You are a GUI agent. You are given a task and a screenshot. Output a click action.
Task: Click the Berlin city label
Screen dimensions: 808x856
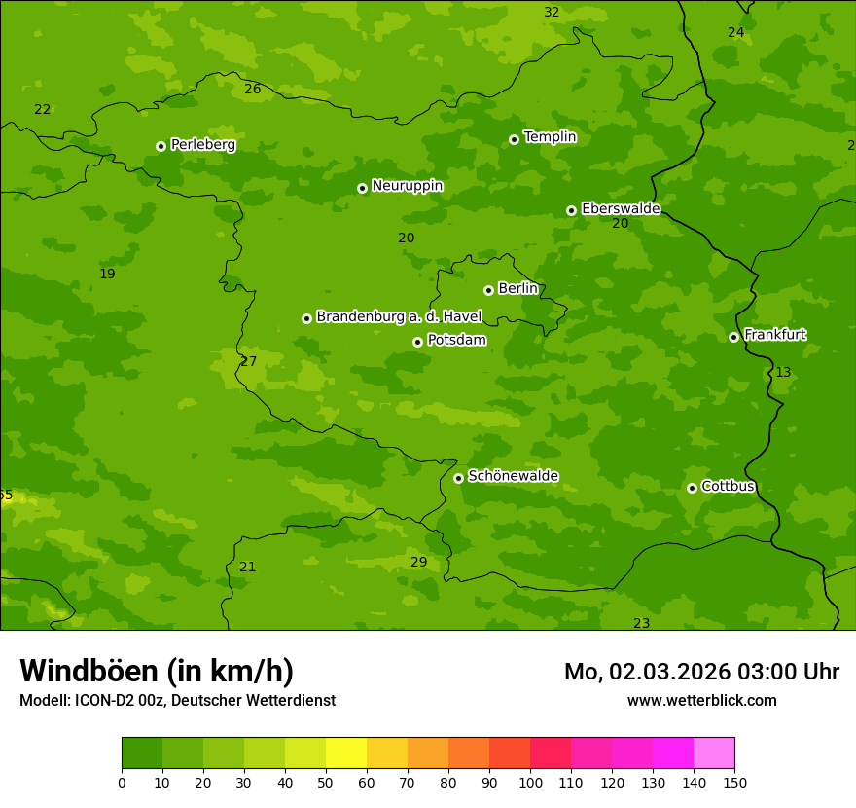click(517, 289)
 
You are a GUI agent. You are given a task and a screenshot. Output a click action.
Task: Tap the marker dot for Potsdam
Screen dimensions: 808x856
click(417, 342)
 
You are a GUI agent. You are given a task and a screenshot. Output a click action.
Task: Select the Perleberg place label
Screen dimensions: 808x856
click(202, 145)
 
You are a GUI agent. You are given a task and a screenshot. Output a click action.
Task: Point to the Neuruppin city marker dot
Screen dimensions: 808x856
click(362, 188)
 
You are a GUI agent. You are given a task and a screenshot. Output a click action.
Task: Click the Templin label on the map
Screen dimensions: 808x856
click(550, 137)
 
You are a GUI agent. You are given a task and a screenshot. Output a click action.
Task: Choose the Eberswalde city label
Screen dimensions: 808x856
click(621, 209)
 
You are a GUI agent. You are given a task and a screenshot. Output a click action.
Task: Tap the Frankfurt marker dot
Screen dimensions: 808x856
click(733, 337)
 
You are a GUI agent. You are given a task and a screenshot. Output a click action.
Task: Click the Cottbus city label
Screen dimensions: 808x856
click(728, 486)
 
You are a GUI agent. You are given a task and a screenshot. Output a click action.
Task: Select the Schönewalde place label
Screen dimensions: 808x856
click(513, 476)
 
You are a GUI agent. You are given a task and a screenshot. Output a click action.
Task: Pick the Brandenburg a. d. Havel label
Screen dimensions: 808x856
click(399, 317)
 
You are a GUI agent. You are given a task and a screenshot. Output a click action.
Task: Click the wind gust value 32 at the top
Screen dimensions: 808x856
click(552, 13)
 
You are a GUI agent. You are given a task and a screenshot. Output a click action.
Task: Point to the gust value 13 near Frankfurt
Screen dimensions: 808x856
click(783, 373)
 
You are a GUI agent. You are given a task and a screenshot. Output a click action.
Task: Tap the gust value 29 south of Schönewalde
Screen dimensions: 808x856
click(418, 563)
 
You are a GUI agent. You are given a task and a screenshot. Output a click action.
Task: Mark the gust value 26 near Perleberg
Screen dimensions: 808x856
click(252, 90)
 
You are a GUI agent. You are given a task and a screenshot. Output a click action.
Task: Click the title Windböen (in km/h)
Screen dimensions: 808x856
click(157, 671)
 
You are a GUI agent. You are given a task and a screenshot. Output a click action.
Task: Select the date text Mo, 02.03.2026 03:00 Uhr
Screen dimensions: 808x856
click(701, 672)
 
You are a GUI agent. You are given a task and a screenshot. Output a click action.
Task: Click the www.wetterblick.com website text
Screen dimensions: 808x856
click(701, 701)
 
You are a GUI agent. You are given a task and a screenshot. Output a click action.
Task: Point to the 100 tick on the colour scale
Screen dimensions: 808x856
click(530, 783)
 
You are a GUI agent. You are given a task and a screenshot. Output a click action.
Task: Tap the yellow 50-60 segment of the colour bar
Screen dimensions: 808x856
click(346, 753)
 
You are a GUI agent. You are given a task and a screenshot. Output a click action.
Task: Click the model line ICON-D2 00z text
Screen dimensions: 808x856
click(177, 701)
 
